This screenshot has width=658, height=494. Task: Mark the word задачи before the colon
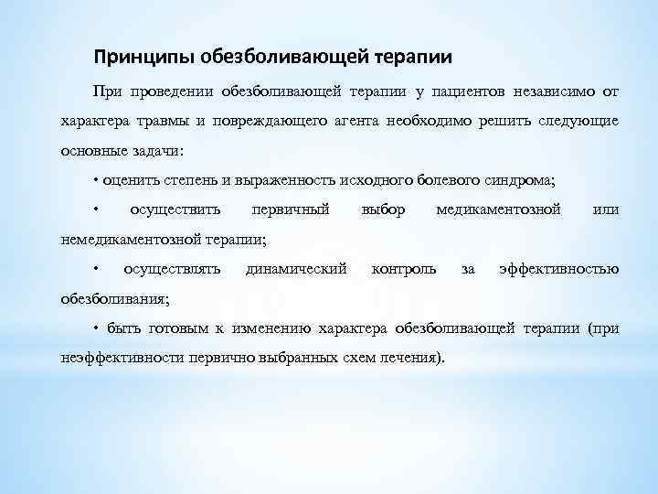pyautogui.click(x=161, y=150)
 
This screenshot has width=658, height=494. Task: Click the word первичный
pyautogui.click(x=291, y=209)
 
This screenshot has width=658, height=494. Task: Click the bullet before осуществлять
pyautogui.click(x=96, y=269)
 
